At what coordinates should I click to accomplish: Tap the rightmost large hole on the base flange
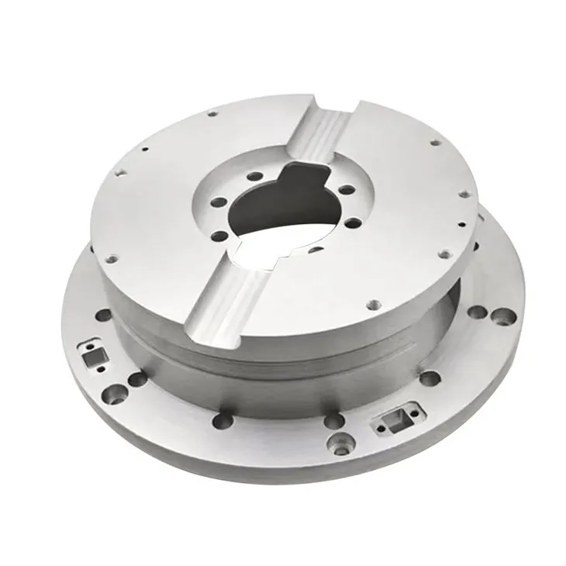click(503, 316)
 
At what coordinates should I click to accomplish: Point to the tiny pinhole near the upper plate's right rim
click(462, 226)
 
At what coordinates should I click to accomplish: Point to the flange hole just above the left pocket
click(104, 316)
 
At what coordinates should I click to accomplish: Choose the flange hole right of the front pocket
click(430, 378)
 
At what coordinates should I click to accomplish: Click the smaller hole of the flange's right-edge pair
click(478, 312)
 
